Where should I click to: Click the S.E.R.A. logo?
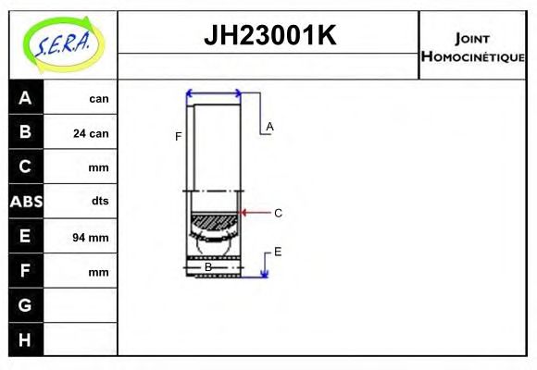pos(62,44)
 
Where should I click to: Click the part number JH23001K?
pos(268,36)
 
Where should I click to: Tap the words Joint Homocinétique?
pos(472,47)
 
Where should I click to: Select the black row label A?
pos(25,98)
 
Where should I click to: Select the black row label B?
pos(25,132)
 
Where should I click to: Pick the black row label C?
pos(25,166)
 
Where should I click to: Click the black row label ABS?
pos(25,201)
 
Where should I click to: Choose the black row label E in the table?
pos(25,236)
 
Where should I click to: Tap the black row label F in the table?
pos(25,270)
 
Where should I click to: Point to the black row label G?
pos(25,304)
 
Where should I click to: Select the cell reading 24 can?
pos(91,133)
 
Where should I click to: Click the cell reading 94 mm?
pos(91,238)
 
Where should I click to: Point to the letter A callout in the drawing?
pos(269,126)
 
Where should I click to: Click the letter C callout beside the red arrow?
pos(278,213)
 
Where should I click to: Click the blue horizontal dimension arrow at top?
pos(214,93)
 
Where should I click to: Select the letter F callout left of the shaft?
pos(178,137)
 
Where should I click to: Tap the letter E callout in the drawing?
pos(278,251)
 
